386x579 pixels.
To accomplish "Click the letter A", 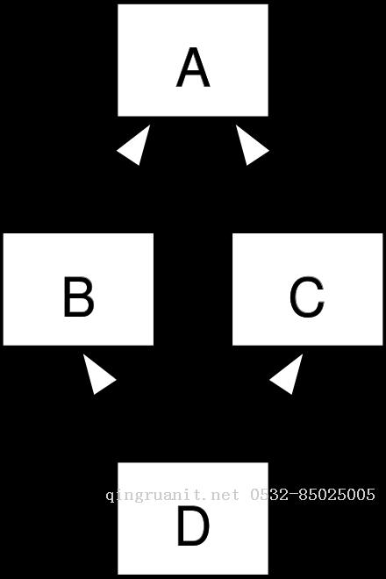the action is [x=193, y=68].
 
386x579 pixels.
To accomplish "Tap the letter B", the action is [x=79, y=297].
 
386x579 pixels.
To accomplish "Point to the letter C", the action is [x=307, y=297].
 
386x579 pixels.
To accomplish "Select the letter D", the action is [x=193, y=525].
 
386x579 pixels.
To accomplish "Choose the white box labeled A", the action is [x=193, y=61].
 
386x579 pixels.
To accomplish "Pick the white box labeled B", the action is [x=78, y=289].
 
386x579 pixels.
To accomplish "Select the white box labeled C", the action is [x=308, y=289].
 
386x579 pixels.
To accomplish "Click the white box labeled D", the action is [x=193, y=518].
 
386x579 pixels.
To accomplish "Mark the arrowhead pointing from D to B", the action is [x=96, y=375].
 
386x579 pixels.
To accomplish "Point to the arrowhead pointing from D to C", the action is [x=289, y=375].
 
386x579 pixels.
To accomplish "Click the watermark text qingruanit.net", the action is [x=173, y=495].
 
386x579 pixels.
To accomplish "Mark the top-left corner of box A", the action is [x=118, y=4].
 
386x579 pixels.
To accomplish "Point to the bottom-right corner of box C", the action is [x=383, y=346].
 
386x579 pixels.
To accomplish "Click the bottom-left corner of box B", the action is [x=4, y=346].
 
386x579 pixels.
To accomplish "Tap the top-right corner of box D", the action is [x=268, y=462].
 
